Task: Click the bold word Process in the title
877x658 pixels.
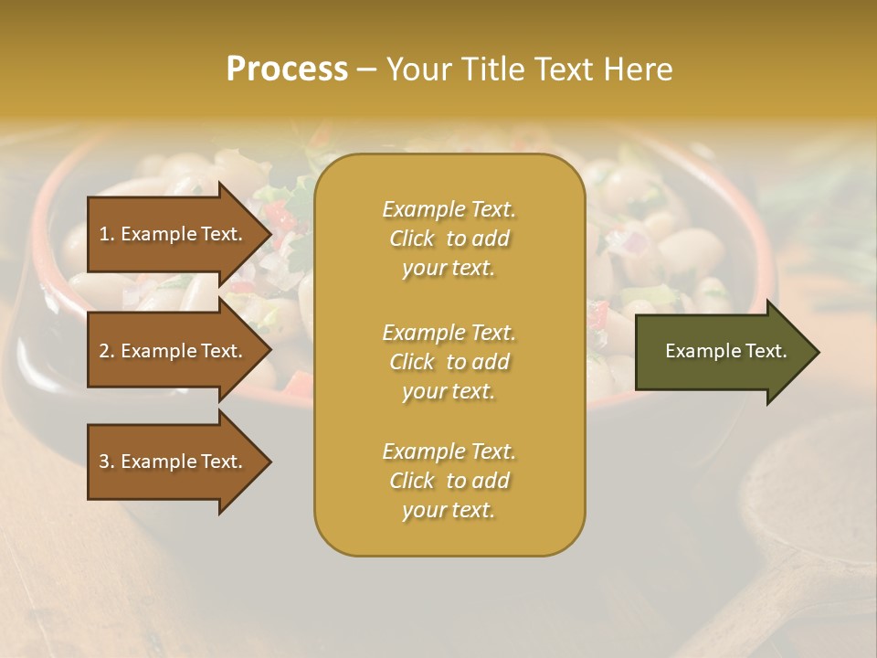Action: coord(287,69)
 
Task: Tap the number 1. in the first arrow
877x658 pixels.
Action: coord(107,234)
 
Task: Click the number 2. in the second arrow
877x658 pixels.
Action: coord(107,351)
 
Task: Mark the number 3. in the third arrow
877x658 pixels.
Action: coord(107,462)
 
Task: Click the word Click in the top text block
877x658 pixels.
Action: coord(412,239)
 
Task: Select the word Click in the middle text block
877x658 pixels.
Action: coord(412,362)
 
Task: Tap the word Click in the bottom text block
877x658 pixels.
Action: coord(412,481)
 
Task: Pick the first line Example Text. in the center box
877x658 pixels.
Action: coord(449,209)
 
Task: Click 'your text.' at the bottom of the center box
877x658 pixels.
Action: coord(449,511)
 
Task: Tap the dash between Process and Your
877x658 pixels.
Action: coord(367,69)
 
